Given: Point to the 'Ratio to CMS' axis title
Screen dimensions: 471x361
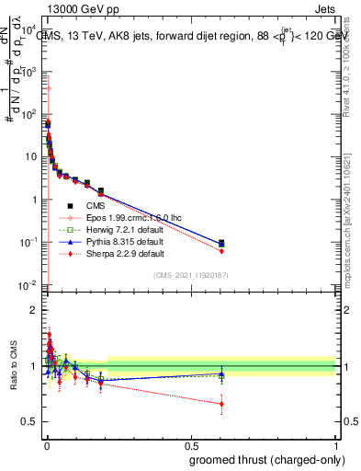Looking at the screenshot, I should [13, 366].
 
